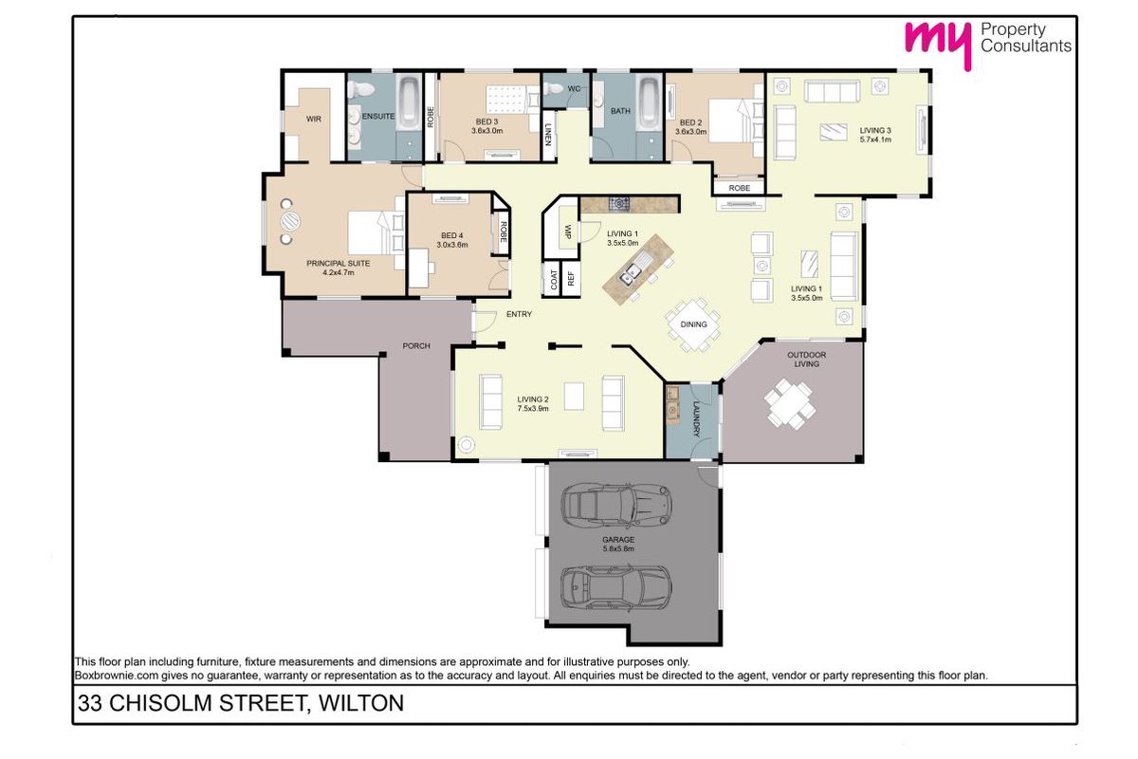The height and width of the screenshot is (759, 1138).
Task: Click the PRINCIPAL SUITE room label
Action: (x=338, y=264)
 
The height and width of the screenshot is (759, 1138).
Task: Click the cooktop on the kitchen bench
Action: (x=619, y=204)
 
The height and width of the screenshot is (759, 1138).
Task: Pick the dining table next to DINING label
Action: (x=693, y=324)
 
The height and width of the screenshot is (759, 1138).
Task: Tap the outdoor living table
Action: (x=790, y=404)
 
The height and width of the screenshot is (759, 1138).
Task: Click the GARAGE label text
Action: (x=618, y=540)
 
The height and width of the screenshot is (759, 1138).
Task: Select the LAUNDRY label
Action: (x=696, y=419)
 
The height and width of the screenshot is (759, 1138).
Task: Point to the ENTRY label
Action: (x=519, y=314)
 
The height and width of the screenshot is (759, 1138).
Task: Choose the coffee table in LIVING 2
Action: (x=574, y=397)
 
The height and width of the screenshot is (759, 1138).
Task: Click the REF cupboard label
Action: (x=571, y=278)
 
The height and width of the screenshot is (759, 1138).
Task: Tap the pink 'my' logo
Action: (x=938, y=44)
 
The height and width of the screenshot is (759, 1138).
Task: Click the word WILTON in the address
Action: (x=360, y=703)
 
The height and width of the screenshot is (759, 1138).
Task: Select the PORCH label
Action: (x=416, y=345)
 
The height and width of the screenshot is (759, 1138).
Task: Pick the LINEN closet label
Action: (x=548, y=135)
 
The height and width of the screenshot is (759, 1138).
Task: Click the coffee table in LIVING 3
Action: (x=834, y=133)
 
